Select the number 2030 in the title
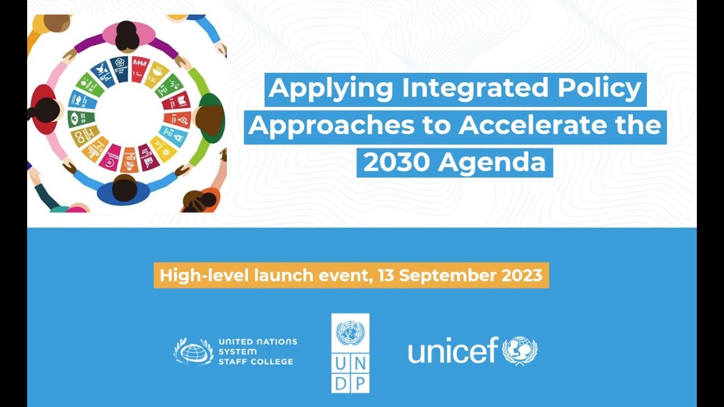coord(396,163)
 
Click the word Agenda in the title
coord(492,163)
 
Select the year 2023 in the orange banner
coord(522,276)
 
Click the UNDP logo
coord(350,353)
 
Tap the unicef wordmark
coord(453,351)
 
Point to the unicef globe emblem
coord(520,350)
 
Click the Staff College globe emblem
coord(193,351)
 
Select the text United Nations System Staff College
coord(257,351)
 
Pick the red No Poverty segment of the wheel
coord(139,68)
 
